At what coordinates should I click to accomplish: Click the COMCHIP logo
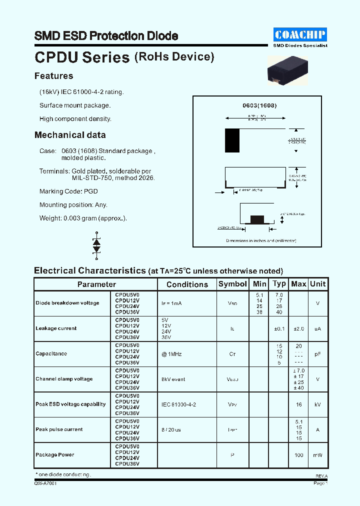point(300,34)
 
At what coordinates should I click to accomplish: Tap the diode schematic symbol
point(97,245)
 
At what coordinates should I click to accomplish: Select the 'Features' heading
point(53,76)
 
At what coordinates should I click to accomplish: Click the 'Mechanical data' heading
point(70,135)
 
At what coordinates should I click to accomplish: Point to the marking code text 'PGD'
point(90,191)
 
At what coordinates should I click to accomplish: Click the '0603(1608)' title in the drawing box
point(259,106)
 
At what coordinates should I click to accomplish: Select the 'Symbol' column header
point(232,284)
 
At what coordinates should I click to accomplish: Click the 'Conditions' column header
point(187,284)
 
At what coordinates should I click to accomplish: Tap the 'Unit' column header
point(317,284)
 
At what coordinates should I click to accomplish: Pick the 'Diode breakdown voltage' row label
point(67,303)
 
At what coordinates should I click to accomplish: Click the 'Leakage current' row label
point(56,328)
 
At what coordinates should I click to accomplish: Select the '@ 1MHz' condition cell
point(171,354)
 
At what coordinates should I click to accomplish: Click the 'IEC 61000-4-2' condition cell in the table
point(178,404)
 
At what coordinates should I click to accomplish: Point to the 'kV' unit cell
point(317,404)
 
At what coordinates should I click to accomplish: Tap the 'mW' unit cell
point(317,455)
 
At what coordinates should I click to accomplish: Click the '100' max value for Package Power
point(298,455)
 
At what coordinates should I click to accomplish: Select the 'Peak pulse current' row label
point(59,429)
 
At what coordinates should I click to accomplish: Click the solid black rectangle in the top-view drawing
point(232,140)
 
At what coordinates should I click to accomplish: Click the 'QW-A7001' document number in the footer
point(45,483)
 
